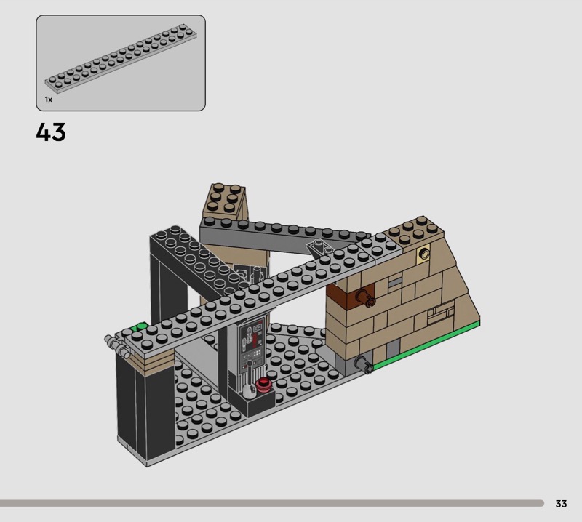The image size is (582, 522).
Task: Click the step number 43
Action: (x=51, y=132)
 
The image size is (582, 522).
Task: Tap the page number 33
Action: (x=561, y=503)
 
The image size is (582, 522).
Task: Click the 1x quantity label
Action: (x=49, y=100)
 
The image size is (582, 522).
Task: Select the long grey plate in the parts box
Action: (x=121, y=58)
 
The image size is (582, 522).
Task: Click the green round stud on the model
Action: (x=141, y=327)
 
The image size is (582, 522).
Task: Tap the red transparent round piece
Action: (x=263, y=385)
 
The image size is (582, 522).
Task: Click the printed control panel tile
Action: (x=251, y=345)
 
